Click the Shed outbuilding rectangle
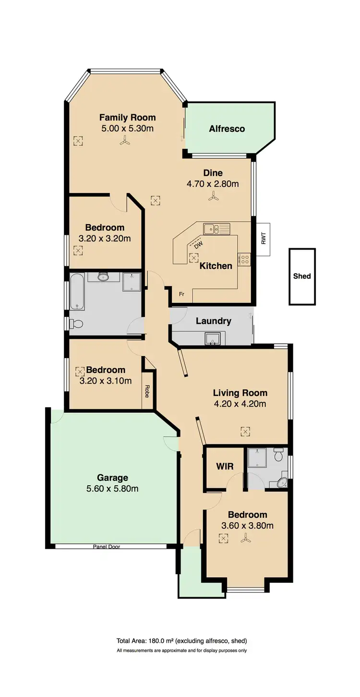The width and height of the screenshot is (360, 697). coord(302,276)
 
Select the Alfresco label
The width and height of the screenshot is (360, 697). coord(227,129)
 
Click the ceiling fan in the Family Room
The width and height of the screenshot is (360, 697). coord(125,141)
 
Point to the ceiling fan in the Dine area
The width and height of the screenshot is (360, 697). coord(213,196)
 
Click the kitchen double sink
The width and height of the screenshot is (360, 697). coord(216,228)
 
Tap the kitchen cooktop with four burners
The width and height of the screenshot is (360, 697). coord(244,260)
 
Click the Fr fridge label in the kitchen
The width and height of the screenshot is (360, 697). coord(181,293)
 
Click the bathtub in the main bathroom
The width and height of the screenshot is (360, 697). coord(77,291)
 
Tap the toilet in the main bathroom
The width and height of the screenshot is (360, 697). coord(76,324)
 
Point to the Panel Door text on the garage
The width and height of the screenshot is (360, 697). coord(107,546)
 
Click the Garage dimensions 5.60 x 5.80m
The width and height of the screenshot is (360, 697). coord(113,489)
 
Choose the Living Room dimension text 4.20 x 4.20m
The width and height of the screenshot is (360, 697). coord(240,404)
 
